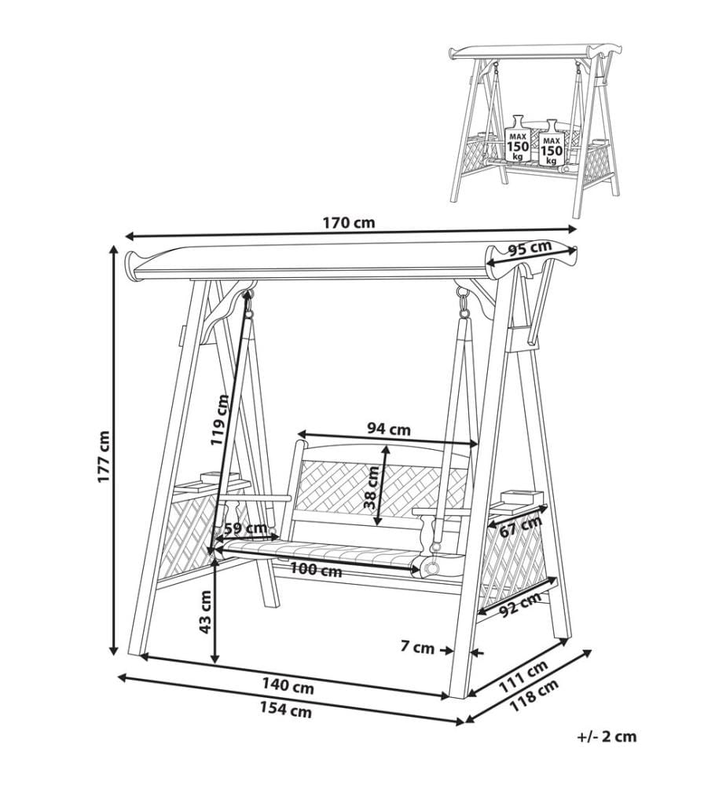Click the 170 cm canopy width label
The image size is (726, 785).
coord(349,222)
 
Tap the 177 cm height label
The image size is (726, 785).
coord(104,456)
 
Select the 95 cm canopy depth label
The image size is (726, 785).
coord(529,248)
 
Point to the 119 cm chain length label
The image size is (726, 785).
coord(219,419)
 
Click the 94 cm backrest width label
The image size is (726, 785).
coord(389,429)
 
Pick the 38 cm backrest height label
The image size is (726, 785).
coord(372,487)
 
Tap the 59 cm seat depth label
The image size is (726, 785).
coord(245,528)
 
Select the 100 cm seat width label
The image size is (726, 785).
coord(316,569)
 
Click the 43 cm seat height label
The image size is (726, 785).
coord(205,612)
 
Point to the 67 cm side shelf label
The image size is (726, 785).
coord(521,526)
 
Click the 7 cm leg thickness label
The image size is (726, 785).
coord(417,648)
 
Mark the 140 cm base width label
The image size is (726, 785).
coord(288,686)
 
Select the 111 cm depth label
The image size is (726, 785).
coord(523,677)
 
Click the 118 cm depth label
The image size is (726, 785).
coord(533,696)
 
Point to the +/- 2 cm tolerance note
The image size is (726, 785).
coord(607,736)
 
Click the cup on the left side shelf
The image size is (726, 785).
coord(211,477)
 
